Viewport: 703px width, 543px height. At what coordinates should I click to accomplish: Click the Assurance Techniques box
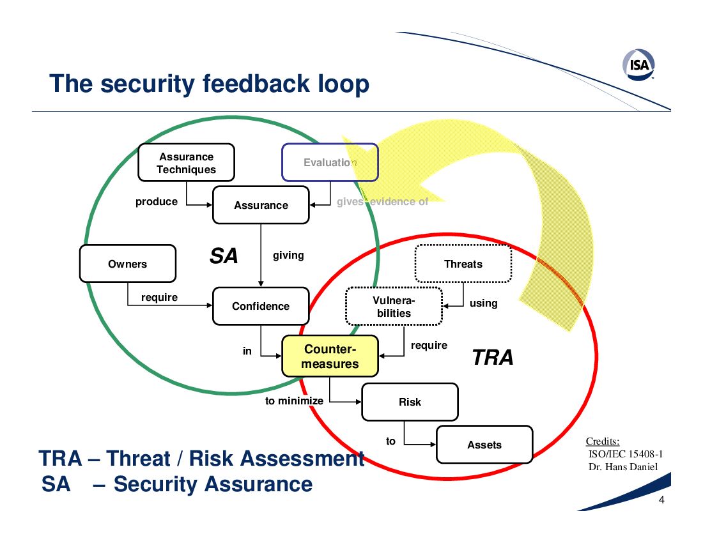pyautogui.click(x=186, y=163)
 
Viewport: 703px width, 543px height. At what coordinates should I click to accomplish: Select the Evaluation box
pyautogui.click(x=330, y=163)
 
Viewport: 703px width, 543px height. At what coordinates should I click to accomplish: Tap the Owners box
pyautogui.click(x=128, y=263)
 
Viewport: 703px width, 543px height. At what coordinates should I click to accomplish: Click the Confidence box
pyautogui.click(x=261, y=306)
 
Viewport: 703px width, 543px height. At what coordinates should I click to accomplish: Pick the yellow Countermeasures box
pyautogui.click(x=330, y=356)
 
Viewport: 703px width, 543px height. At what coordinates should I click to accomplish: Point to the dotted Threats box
pyautogui.click(x=463, y=263)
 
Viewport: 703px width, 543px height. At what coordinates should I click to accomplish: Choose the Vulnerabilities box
pyautogui.click(x=394, y=307)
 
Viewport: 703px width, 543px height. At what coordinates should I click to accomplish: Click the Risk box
pyautogui.click(x=410, y=402)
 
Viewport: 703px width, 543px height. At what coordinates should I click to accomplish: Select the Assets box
pyautogui.click(x=484, y=445)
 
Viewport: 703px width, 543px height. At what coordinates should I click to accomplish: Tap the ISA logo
pyautogui.click(x=639, y=65)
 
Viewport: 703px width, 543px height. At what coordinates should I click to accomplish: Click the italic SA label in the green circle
pyautogui.click(x=224, y=256)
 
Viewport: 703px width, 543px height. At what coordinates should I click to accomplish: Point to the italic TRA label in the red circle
pyautogui.click(x=493, y=358)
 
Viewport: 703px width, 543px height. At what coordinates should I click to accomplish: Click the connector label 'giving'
pyautogui.click(x=288, y=256)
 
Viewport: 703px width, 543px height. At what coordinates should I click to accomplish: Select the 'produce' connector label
pyautogui.click(x=157, y=202)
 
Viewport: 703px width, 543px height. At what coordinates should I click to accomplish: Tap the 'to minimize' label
pyautogui.click(x=294, y=401)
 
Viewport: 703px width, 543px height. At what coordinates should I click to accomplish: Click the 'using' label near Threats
pyautogui.click(x=483, y=303)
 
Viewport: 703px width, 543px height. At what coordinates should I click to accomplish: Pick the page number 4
pyautogui.click(x=661, y=500)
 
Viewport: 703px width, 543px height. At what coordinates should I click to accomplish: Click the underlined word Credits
pyautogui.click(x=603, y=441)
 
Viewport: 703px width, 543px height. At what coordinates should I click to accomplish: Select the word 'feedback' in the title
pyautogui.click(x=256, y=84)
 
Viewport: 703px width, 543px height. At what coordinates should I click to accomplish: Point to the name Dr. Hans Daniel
pyautogui.click(x=623, y=467)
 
